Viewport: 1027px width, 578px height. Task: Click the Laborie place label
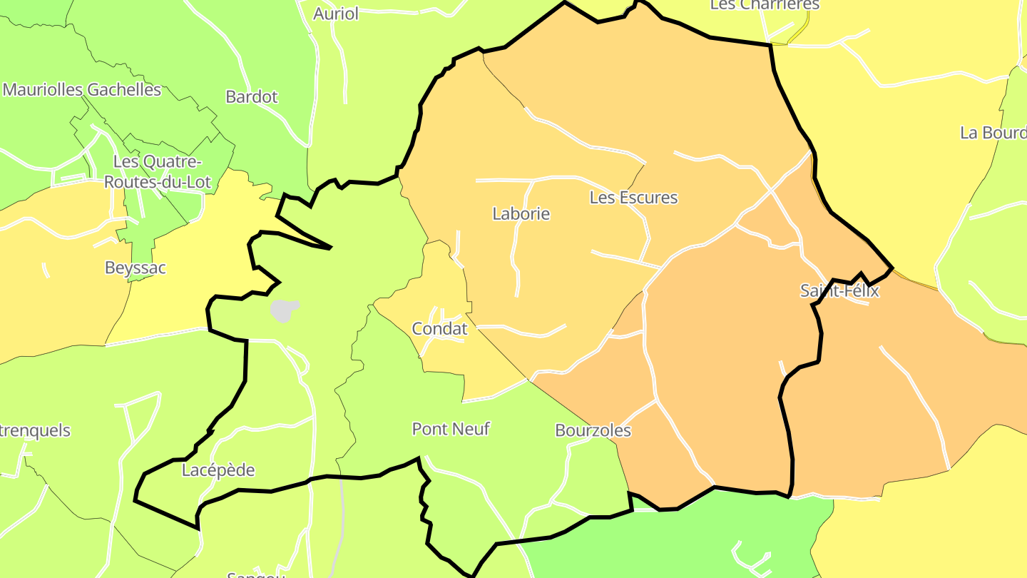pos(521,213)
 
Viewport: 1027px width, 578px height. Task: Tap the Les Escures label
pos(633,198)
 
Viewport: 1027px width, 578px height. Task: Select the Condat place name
pos(440,329)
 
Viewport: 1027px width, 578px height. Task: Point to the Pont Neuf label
pos(451,429)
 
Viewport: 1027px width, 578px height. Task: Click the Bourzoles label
pos(593,430)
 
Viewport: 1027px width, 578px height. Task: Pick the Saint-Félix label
pos(839,291)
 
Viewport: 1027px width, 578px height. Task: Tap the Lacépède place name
pos(218,470)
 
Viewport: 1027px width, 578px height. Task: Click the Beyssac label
pos(135,268)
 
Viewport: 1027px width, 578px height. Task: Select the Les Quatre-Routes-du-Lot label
pos(158,172)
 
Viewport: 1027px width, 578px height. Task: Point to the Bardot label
pos(251,97)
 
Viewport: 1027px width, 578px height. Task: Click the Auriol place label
pos(336,14)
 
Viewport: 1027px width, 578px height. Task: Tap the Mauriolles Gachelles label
pos(82,90)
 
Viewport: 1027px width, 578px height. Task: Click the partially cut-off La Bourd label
pos(993,133)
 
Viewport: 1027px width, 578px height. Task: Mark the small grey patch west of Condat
pos(285,310)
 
